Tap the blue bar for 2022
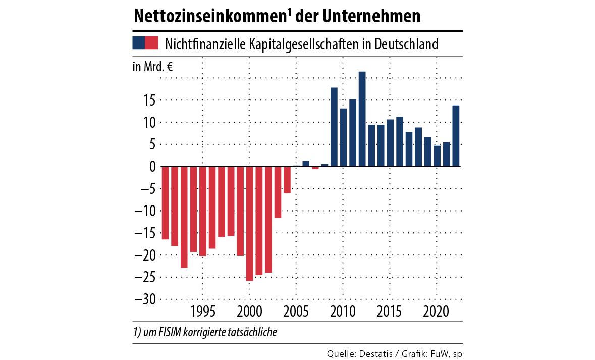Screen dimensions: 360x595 tap(456, 136)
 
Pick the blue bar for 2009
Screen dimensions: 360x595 tap(334, 127)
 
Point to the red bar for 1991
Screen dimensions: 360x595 tap(165, 202)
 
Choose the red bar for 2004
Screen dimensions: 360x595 tap(287, 180)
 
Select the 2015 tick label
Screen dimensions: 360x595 tap(390, 310)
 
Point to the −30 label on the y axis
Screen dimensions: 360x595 tap(144, 299)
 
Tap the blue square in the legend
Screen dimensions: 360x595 tap(138, 43)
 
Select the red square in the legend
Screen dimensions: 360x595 tap(151, 43)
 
